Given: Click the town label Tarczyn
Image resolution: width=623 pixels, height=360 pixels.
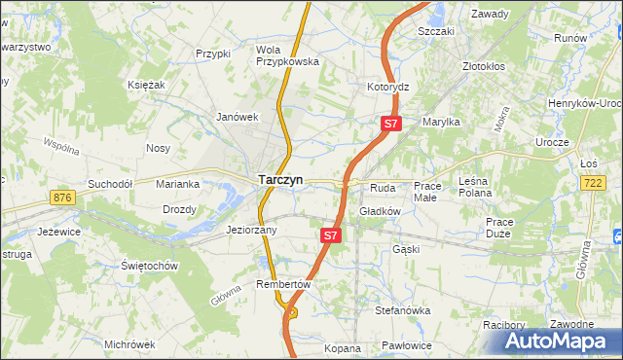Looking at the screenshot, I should point(280,180).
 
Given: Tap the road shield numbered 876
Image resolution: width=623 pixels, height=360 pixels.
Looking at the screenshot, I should point(64,198).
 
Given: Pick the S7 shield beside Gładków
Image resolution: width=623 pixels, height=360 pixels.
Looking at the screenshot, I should point(331,235).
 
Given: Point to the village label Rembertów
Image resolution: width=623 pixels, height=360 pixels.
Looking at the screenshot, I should point(282,284).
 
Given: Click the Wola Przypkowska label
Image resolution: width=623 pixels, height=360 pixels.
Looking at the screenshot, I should point(287,55).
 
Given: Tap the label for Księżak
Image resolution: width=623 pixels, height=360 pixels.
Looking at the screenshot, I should point(146,86).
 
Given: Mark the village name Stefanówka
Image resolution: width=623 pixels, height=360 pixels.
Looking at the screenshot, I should point(402,310).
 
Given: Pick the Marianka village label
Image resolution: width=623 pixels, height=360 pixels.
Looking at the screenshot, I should point(179,183).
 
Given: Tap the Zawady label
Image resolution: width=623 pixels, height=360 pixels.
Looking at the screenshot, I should point(492,14).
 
